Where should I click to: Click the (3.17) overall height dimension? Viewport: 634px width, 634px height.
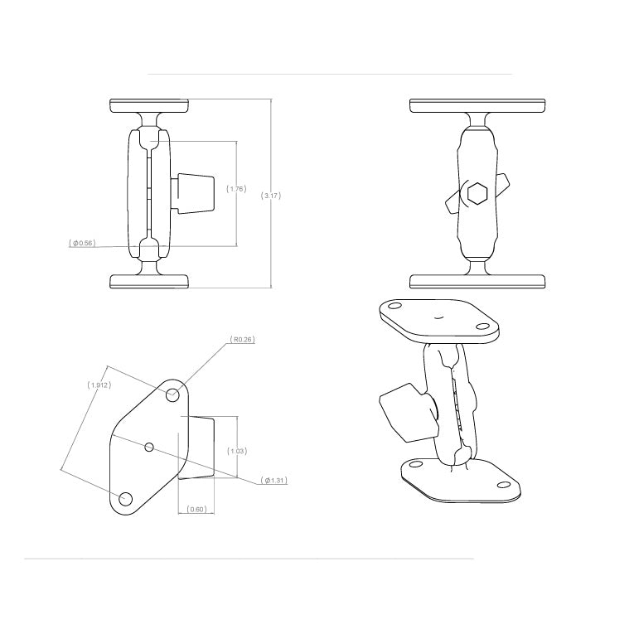pyautogui.click(x=271, y=196)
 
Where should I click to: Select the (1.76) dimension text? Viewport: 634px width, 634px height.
pyautogui.click(x=236, y=189)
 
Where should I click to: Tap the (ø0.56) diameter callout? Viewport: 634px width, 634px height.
pyautogui.click(x=82, y=244)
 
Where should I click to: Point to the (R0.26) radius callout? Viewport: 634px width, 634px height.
pyautogui.click(x=242, y=339)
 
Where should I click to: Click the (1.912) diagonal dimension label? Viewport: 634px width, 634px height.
pyautogui.click(x=99, y=385)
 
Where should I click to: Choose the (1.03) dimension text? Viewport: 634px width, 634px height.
pyautogui.click(x=237, y=451)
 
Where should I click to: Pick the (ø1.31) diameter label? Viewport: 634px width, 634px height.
pyautogui.click(x=273, y=481)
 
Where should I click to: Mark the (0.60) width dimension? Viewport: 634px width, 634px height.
pyautogui.click(x=196, y=509)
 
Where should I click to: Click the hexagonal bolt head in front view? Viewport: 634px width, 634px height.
pyautogui.click(x=477, y=194)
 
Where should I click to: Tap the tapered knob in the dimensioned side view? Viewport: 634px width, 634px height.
pyautogui.click(x=195, y=193)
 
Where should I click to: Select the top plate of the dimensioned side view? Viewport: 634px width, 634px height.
pyautogui.click(x=149, y=105)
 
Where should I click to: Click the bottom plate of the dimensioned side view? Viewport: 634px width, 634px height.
pyautogui.click(x=149, y=282)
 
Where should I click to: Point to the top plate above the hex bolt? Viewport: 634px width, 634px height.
pyautogui.click(x=477, y=105)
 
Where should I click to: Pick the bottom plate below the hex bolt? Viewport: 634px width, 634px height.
pyautogui.click(x=477, y=282)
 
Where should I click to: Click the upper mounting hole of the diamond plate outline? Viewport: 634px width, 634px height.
pyautogui.click(x=173, y=394)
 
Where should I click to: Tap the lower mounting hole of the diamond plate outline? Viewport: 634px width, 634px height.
pyautogui.click(x=126, y=499)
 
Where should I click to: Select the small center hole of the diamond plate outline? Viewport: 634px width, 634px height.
pyautogui.click(x=149, y=448)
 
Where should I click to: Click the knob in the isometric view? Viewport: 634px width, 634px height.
pyautogui.click(x=402, y=412)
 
